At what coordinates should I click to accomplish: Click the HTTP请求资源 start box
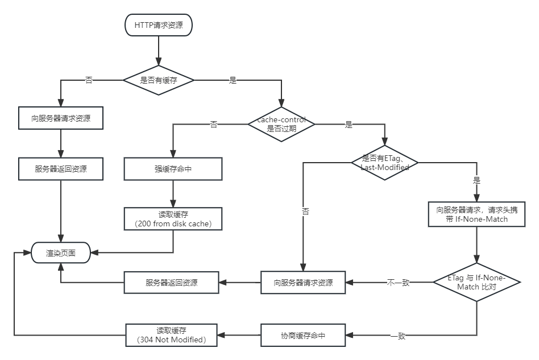(x=159, y=25)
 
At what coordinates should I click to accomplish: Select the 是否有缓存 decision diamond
(x=159, y=80)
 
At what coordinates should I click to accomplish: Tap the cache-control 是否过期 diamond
(x=281, y=125)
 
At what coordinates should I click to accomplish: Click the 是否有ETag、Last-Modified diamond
(x=385, y=163)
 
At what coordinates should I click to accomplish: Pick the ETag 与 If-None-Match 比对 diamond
(x=476, y=282)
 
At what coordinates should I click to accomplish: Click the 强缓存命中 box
(x=173, y=169)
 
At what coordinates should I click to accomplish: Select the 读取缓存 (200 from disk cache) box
(x=173, y=218)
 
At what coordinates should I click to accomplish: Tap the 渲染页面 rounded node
(x=61, y=253)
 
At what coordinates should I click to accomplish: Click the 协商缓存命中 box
(x=303, y=336)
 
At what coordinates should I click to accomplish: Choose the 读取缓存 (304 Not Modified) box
(x=171, y=335)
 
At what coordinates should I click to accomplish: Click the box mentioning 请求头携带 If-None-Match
(x=476, y=214)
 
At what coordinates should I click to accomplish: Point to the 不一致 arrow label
(x=398, y=283)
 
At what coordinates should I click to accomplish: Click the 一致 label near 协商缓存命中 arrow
(x=398, y=336)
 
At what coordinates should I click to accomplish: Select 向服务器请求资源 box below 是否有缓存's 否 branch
(x=61, y=119)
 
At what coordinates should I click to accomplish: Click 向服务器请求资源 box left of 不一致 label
(x=303, y=282)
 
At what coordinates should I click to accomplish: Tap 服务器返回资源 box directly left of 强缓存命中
(x=61, y=169)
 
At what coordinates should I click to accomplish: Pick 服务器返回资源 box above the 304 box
(x=171, y=282)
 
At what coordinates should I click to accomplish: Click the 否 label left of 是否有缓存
(x=89, y=80)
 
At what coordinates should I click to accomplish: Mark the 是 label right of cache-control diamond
(x=349, y=125)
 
